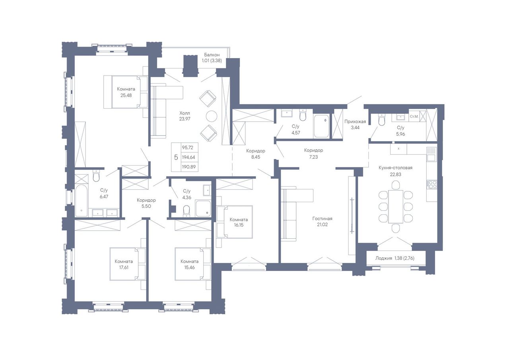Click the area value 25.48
126,95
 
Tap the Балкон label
212,55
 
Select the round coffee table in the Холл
212,116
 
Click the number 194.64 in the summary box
188,157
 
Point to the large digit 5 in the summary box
176,157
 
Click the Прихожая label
355,122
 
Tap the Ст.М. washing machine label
414,117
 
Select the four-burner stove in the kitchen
432,184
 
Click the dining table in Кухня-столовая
396,206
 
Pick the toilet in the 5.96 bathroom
382,120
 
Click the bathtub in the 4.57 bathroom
321,126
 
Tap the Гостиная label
322,219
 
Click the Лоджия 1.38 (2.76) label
395,258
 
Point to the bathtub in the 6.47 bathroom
81,200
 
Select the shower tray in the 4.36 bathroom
203,208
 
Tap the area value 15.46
189,267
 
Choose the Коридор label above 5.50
146,200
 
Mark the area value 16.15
239,225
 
